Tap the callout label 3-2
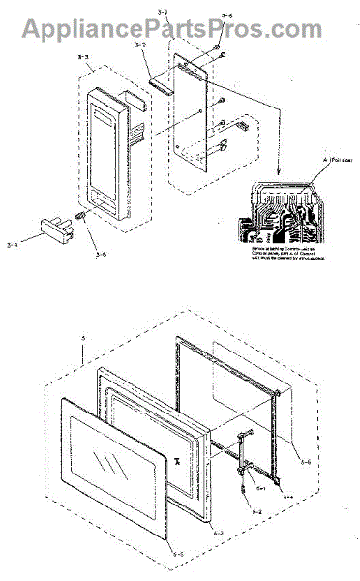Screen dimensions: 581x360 click(141, 46)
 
